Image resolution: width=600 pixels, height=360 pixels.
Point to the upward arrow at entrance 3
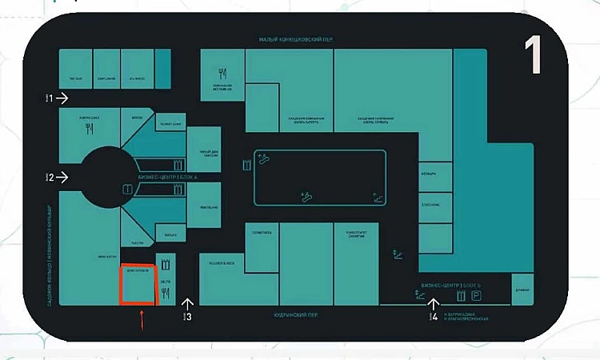coord(188,304)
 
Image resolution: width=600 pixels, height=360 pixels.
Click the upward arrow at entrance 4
coord(434,303)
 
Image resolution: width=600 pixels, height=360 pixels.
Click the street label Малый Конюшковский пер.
coord(294,40)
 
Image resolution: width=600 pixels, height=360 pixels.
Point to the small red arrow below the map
coord(142,322)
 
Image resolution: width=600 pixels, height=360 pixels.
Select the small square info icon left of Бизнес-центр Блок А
coord(126,189)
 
